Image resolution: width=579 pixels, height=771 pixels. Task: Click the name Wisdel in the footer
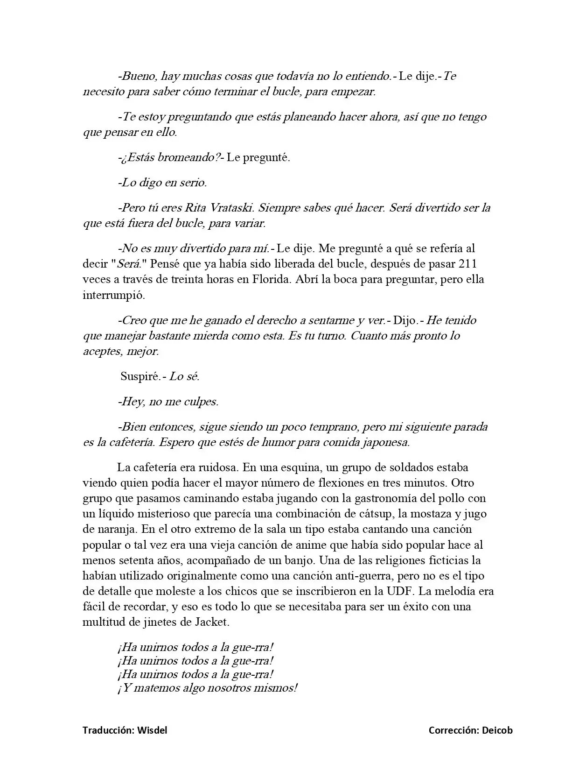coord(152,730)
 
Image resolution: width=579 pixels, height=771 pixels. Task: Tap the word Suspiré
coord(140,376)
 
